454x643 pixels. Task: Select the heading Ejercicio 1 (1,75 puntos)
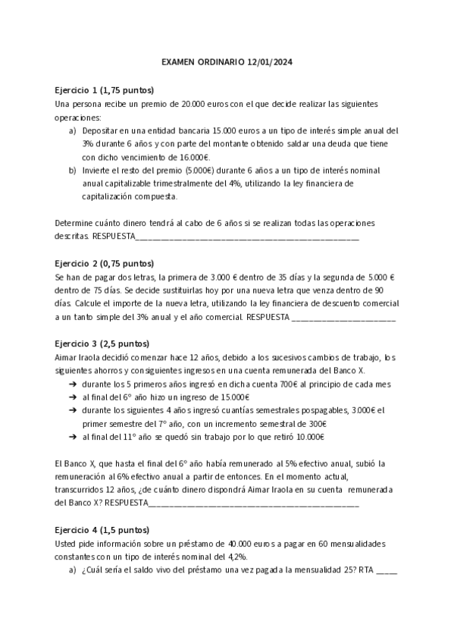pos(105,89)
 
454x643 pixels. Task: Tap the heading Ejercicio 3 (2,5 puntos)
pos(102,343)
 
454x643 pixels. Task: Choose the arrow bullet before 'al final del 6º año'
pos(72,397)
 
